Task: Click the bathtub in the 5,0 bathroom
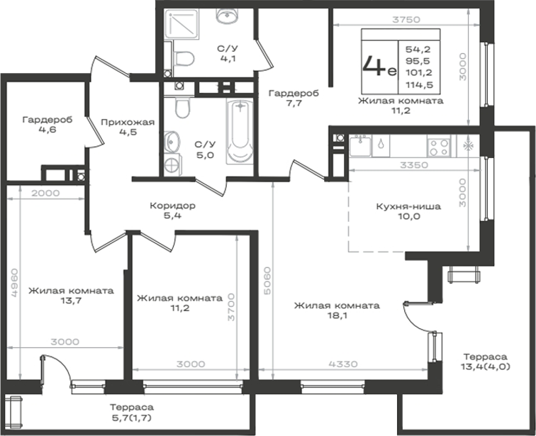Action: coord(240,132)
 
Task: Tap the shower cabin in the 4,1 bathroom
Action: coord(182,23)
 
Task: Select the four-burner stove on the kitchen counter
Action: coord(439,147)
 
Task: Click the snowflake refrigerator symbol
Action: coord(468,146)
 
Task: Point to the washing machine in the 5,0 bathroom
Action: coord(172,164)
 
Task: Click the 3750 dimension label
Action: coord(406,20)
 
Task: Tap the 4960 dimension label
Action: coord(14,283)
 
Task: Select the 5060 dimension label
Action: coord(267,281)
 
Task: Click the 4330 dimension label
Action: coord(343,364)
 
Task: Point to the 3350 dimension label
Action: coord(414,165)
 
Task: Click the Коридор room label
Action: coord(172,206)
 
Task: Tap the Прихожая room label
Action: coord(128,123)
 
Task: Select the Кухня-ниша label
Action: coord(408,206)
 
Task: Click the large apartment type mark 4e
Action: coord(379,66)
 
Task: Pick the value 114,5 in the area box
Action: coord(420,85)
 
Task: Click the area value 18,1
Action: coord(337,315)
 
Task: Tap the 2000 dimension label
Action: coord(45,193)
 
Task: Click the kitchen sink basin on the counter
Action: coord(360,146)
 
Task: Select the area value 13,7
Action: coord(71,301)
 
